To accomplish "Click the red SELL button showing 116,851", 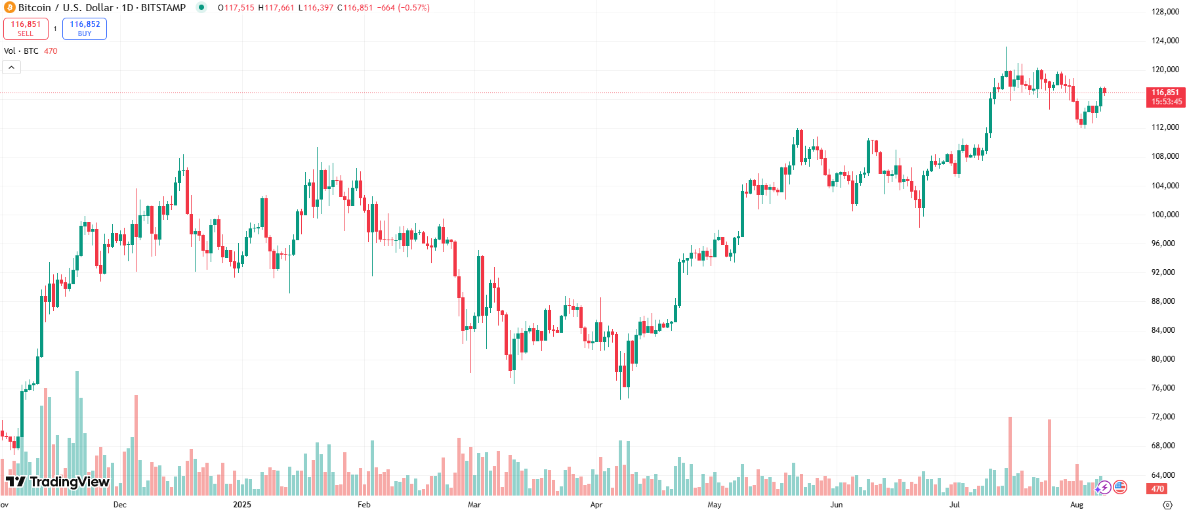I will coord(26,28).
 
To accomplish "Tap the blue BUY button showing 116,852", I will coord(85,28).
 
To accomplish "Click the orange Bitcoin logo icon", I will coord(10,8).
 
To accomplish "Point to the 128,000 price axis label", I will coord(1165,12).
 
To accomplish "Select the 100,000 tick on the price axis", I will coord(1165,215).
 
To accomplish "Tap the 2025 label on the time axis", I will coord(242,505).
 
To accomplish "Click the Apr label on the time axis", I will coord(596,505).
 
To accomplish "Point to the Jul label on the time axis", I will coord(954,505).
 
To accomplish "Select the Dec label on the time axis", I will coord(119,505).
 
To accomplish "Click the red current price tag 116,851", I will coord(1165,96).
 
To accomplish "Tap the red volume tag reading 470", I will coord(1157,489).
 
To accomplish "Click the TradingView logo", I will coord(58,482).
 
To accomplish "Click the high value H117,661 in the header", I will coord(276,8).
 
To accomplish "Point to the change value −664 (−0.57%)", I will coord(404,8).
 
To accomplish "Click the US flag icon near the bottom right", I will coord(1120,487).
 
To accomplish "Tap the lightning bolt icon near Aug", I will coord(1104,487).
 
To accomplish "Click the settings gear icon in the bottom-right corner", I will coord(1167,505).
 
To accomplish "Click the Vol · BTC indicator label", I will coord(21,51).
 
